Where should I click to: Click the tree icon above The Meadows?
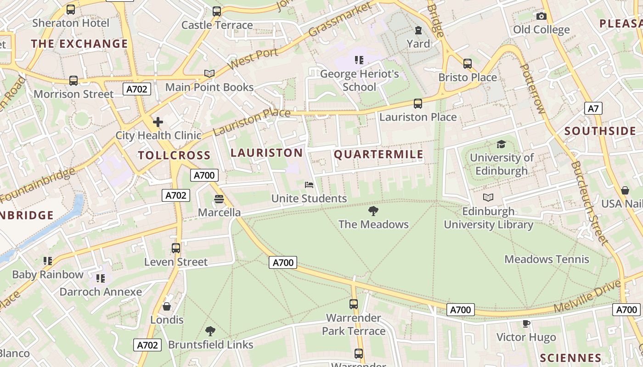click(373, 211)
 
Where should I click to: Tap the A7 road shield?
click(593, 108)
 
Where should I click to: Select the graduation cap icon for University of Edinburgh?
click(501, 145)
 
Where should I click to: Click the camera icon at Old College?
click(541, 17)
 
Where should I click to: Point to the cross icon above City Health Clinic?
click(158, 122)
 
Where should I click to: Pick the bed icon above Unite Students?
click(309, 185)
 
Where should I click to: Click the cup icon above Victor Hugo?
click(526, 324)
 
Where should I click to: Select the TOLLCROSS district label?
click(174, 155)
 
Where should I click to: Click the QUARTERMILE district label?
click(378, 154)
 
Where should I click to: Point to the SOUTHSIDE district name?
click(600, 131)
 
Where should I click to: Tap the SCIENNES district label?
click(570, 358)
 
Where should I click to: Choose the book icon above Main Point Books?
click(209, 73)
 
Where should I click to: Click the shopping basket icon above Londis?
click(167, 306)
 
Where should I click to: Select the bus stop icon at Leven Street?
click(175, 248)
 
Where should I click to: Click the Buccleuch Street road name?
click(589, 202)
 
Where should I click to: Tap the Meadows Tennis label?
click(547, 259)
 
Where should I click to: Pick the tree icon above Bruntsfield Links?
click(210, 331)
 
